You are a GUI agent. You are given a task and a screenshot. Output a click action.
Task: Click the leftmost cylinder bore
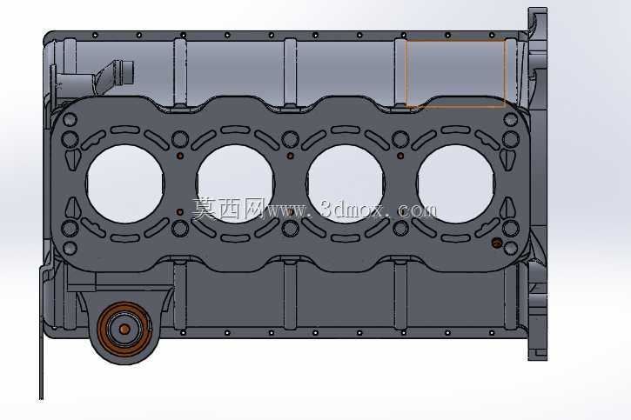tap(125, 183)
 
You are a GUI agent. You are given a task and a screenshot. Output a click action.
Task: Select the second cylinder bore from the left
tap(235, 183)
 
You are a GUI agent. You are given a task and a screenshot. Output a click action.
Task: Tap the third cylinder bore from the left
tap(346, 183)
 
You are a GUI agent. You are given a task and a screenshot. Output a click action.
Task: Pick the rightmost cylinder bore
tap(456, 183)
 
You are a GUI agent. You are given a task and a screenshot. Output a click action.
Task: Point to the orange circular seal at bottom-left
tap(124, 330)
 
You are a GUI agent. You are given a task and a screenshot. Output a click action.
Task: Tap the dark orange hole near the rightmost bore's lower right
tap(497, 243)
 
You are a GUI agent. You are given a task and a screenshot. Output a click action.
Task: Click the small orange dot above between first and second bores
tap(180, 156)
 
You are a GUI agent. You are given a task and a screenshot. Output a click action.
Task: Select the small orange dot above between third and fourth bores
tap(400, 156)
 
